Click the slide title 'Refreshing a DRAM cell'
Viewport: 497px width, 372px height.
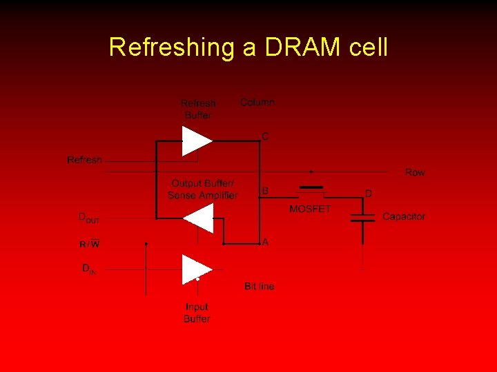248,47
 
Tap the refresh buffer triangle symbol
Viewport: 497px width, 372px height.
196,141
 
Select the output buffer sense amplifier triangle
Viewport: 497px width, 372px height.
199,218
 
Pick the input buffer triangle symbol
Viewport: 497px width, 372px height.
195,269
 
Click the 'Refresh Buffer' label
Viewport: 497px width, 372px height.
197,109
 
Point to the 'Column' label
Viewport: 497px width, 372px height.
257,102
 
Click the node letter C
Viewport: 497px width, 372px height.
265,137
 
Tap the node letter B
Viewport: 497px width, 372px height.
265,190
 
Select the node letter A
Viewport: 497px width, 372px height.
265,242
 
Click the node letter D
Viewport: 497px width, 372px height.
368,194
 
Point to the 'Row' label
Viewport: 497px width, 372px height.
415,172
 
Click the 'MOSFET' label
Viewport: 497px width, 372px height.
310,209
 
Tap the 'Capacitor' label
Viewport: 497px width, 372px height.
404,216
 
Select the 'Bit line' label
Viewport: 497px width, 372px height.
259,286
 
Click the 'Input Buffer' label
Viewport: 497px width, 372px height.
197,313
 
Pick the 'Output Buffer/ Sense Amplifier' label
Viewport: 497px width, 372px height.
202,189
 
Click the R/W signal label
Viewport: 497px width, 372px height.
89,244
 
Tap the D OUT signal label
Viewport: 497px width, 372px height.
89,218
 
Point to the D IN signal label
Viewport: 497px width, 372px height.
89,269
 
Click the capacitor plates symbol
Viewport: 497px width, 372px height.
363,218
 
